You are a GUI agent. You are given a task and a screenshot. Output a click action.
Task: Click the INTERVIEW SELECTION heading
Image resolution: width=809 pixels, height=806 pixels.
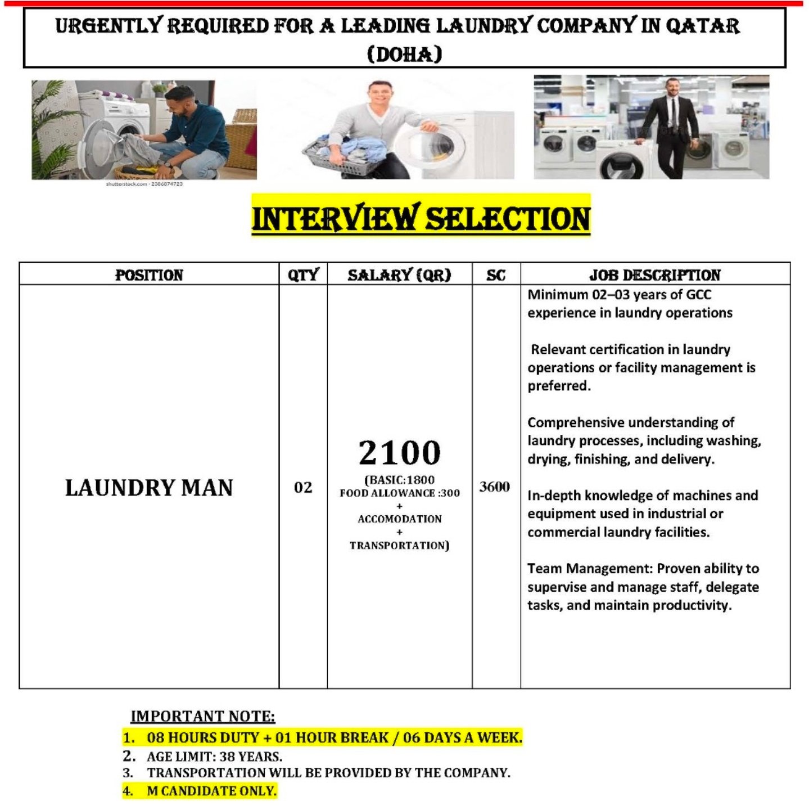[x=421, y=218]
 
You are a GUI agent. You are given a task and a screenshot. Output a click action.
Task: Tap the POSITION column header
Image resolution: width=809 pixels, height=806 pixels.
[x=149, y=275]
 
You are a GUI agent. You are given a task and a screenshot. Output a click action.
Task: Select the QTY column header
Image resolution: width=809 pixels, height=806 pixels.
[x=303, y=275]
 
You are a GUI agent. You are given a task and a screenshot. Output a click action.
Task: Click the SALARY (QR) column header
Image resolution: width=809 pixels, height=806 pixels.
[x=399, y=275]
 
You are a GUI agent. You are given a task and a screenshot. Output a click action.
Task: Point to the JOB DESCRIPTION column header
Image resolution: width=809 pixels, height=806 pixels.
[x=655, y=275]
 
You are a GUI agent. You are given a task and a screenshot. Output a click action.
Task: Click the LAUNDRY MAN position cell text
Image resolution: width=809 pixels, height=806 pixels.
[x=149, y=488]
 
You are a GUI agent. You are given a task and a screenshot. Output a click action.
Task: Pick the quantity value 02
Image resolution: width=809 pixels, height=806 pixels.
[x=303, y=488]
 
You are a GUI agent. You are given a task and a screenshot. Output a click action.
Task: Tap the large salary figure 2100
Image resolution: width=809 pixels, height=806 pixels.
[x=400, y=453]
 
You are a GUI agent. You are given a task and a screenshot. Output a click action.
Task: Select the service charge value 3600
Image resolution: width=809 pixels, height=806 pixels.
[x=495, y=487]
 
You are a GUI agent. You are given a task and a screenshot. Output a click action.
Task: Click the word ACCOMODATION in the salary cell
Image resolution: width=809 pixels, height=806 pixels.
[x=400, y=519]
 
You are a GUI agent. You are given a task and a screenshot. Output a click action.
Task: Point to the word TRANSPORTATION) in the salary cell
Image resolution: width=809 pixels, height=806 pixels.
[x=400, y=546]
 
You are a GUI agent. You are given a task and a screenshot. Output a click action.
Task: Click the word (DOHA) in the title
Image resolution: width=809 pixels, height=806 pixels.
[x=404, y=55]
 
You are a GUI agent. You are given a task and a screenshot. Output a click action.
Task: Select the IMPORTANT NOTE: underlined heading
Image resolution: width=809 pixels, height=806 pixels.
[x=203, y=716]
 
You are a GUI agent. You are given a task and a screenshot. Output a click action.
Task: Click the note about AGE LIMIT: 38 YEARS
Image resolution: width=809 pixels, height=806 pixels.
[x=214, y=757]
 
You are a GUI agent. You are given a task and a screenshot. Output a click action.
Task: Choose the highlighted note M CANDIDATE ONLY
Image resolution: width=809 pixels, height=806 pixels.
[x=211, y=791]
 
